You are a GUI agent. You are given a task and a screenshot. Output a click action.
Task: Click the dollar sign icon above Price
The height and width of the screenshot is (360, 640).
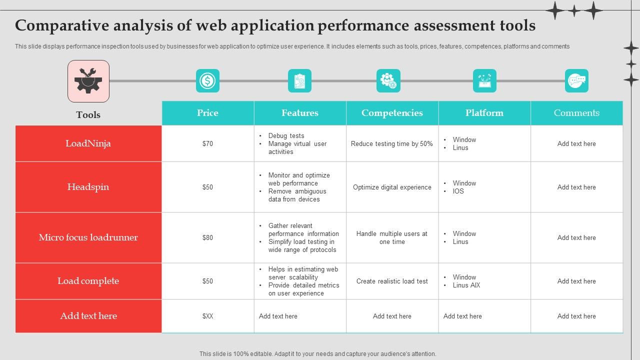tap(207, 80)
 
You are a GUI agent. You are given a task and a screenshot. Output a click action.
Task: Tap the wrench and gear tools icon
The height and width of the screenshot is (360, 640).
tap(88, 81)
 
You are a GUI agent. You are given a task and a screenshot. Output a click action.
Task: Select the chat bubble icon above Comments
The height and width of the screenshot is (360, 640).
tap(576, 80)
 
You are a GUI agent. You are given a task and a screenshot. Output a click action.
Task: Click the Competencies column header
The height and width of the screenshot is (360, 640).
tap(392, 113)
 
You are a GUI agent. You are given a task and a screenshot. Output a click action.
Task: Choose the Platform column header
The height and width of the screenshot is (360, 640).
tap(484, 113)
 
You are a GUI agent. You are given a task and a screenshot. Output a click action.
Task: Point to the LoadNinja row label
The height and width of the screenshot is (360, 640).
tap(88, 143)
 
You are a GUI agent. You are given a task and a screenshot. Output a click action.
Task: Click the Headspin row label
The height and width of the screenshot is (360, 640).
tap(88, 187)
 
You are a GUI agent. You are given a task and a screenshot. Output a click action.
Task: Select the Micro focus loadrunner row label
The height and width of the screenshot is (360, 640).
tap(88, 237)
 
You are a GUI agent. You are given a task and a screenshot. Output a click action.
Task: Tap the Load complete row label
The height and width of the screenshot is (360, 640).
tap(88, 281)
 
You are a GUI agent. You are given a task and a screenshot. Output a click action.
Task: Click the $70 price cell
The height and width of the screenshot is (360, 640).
tap(207, 143)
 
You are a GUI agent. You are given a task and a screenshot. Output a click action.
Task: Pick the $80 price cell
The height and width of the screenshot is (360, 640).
tap(207, 237)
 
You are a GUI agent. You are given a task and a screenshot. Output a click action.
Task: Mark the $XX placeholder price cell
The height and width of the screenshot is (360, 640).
tap(207, 316)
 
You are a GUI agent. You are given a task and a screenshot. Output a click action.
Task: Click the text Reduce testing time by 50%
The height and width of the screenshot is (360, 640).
tap(392, 143)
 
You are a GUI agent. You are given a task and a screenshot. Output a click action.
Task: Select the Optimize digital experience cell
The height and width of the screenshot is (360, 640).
tap(392, 187)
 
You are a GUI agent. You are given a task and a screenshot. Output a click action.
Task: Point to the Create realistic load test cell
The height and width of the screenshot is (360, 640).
tap(392, 281)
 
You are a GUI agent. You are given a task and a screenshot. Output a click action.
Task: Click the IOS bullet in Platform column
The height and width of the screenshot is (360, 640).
tap(458, 191)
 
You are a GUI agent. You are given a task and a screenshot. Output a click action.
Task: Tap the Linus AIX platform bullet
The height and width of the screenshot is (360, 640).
tap(466, 285)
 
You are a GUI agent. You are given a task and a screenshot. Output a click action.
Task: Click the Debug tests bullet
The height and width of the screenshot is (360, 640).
tap(286, 135)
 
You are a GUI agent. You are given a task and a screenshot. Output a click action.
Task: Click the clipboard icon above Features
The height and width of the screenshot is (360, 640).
tap(299, 80)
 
